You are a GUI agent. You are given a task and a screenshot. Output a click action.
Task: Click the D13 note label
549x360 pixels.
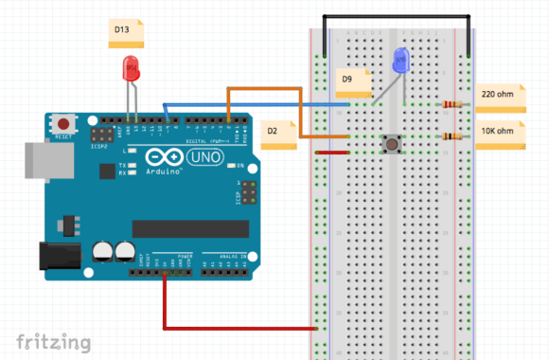tap(124, 32)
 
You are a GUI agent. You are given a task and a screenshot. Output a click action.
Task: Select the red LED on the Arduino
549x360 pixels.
tap(131, 69)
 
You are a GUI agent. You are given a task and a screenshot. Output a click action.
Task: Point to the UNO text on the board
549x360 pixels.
tap(205, 156)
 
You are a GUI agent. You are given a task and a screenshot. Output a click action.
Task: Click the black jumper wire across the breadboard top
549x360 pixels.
tap(398, 16)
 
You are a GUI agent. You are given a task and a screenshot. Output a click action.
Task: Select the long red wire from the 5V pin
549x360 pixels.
tap(237, 329)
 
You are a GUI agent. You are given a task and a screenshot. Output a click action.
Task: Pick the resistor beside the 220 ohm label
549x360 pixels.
tap(452, 105)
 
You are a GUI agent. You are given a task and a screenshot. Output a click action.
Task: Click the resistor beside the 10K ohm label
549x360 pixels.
tap(452, 138)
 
